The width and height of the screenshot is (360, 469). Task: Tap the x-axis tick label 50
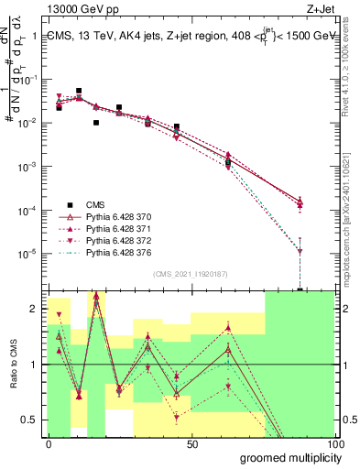coord(192,442)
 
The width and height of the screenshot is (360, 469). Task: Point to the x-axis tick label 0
coord(49,442)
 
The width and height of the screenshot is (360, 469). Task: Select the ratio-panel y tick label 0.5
coord(29,420)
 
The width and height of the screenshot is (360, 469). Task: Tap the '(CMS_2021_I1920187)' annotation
coord(191,274)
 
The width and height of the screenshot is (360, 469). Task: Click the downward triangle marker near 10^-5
coord(300,251)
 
